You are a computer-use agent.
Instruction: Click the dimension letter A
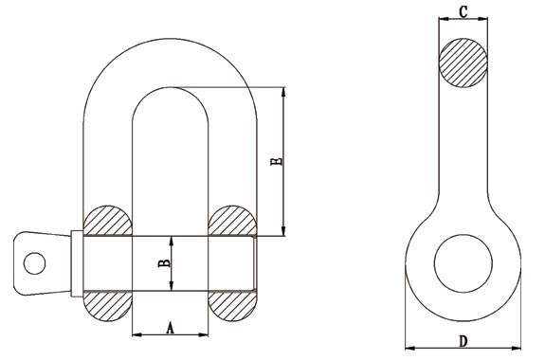pos(170,328)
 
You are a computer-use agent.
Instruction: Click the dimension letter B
pos(164,263)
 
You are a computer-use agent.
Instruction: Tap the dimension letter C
pos(463,11)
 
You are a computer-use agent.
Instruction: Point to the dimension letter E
pos(277,161)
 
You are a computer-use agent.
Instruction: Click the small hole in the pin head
pos(34,263)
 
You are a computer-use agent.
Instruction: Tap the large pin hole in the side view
pos(463,263)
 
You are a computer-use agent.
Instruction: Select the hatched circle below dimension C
pos(463,63)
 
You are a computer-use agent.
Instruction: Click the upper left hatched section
pos(108,221)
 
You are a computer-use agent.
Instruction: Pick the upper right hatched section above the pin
pos(232,221)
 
